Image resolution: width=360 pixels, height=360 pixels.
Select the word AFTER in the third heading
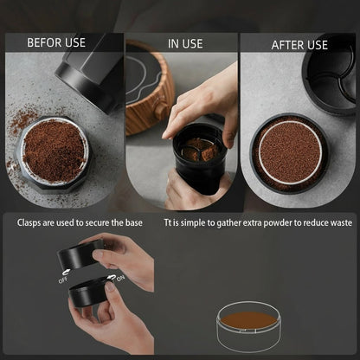tap(287, 44)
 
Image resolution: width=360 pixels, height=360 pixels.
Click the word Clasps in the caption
tap(31, 222)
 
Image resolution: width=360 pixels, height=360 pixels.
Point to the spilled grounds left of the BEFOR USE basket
tap(19, 130)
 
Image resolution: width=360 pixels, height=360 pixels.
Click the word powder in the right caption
tap(292, 222)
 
